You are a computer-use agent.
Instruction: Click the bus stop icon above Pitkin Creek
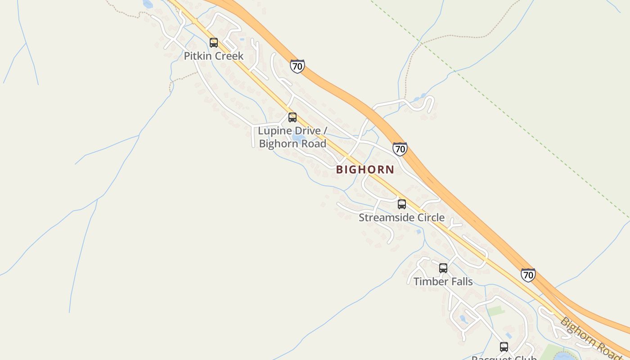(x=214, y=43)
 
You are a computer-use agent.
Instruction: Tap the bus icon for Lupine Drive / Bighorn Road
(x=292, y=117)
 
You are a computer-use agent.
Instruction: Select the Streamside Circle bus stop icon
(x=402, y=204)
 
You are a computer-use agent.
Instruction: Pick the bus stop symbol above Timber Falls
(x=443, y=268)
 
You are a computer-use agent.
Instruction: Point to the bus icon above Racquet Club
(x=504, y=347)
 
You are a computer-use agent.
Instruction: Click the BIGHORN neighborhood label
(x=365, y=170)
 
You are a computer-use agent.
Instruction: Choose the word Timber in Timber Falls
(x=429, y=282)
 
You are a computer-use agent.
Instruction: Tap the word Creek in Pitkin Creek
(x=229, y=56)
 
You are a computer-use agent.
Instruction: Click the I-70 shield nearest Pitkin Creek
(x=297, y=66)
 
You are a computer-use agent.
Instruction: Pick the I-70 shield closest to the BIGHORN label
(x=400, y=149)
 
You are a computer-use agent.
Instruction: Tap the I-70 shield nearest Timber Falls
(x=528, y=274)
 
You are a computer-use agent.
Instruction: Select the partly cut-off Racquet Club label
(x=504, y=358)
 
